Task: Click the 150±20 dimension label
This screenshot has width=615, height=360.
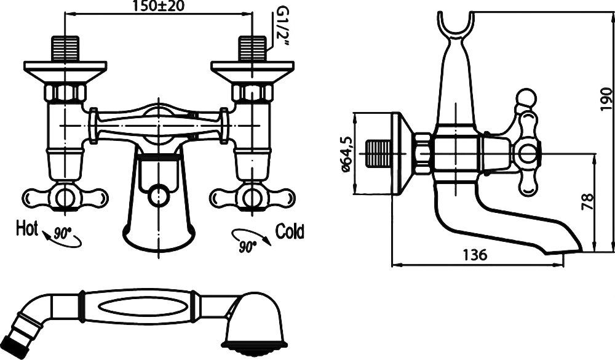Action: coord(159,6)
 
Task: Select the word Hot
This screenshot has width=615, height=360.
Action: coord(26,228)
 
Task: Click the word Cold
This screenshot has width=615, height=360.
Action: coord(290,231)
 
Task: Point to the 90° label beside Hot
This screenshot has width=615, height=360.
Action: coord(61,234)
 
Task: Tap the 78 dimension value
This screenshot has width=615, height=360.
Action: coord(589,202)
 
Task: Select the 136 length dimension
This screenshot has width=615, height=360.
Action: coord(475,255)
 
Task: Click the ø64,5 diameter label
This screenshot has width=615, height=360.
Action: coord(346,154)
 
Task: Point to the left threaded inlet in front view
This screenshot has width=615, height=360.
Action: coord(65,48)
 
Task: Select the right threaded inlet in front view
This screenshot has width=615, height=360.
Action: coord(252,48)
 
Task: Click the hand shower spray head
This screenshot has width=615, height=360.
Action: coord(253,322)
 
